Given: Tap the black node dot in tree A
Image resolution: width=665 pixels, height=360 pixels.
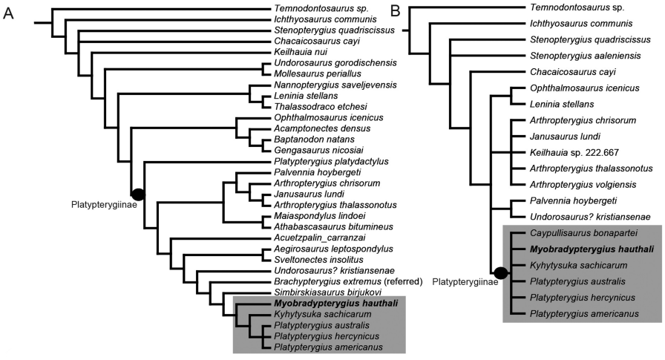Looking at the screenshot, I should click(x=138, y=194).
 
